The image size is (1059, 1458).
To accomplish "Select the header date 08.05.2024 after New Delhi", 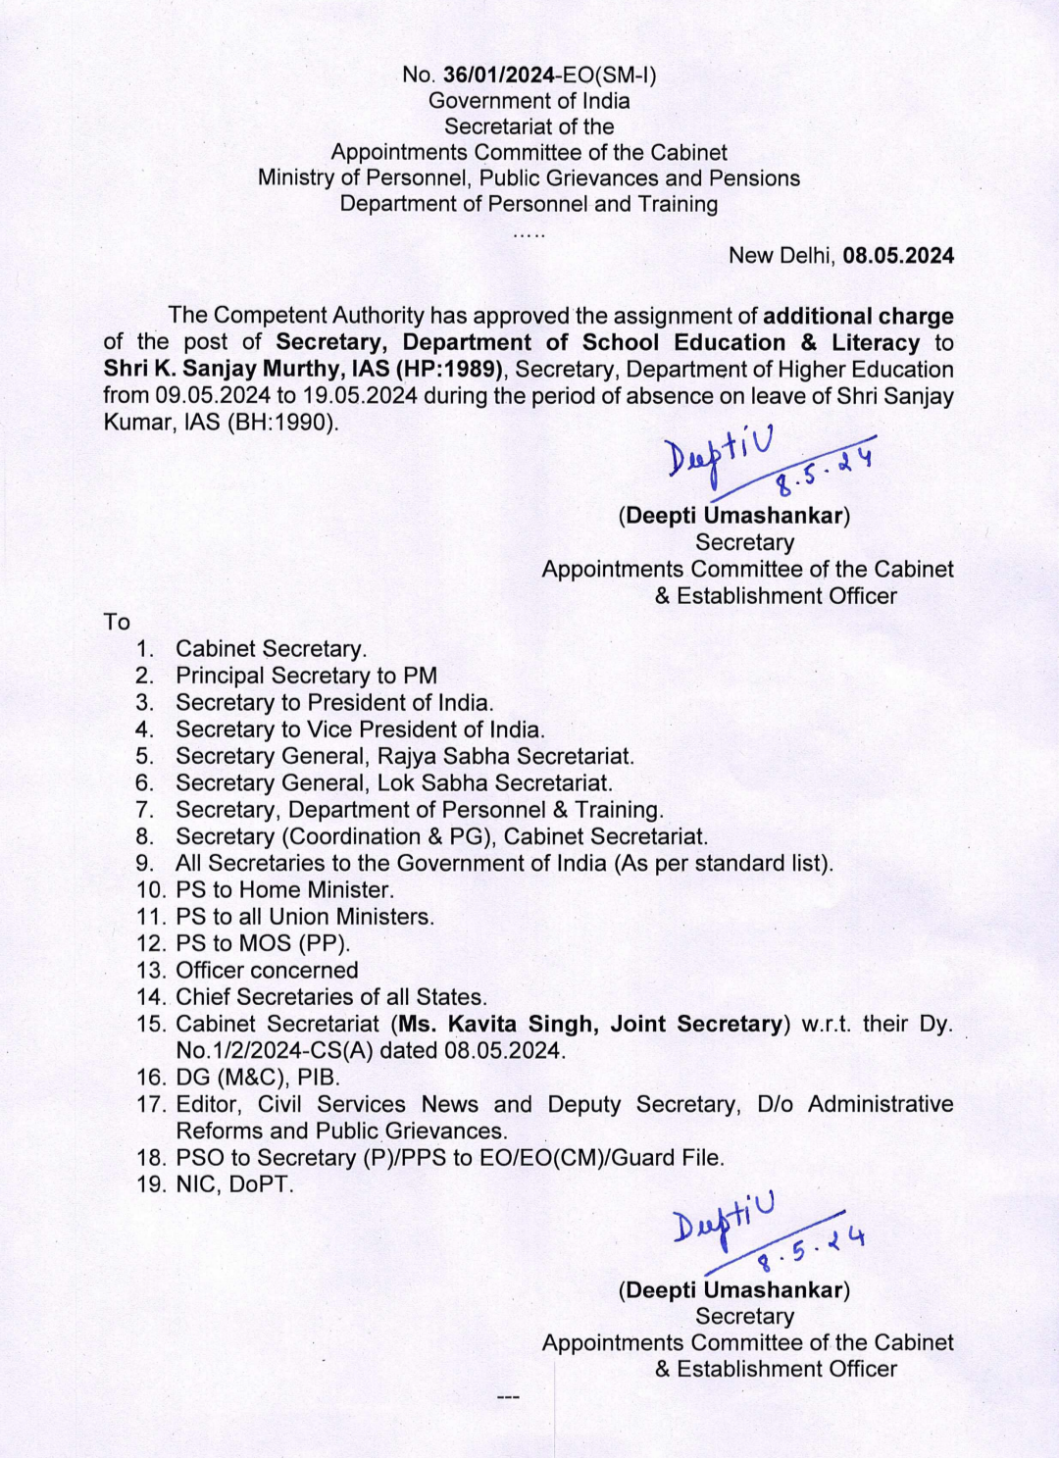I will click(898, 256).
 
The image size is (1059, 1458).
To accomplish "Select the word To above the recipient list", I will click(117, 622).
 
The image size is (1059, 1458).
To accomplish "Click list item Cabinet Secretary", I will click(271, 649).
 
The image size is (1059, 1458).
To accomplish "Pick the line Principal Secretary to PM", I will click(306, 676).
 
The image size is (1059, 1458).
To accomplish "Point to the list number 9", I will click(145, 863).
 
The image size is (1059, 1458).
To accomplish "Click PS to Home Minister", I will click(284, 890).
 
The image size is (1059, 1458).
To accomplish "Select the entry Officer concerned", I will click(267, 970).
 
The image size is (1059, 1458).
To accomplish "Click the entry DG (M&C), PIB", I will click(258, 1078).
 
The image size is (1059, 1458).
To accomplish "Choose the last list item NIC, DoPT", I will click(234, 1184).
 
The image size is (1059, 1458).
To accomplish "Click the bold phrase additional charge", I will click(858, 316).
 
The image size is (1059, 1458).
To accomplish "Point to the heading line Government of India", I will click(529, 101).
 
